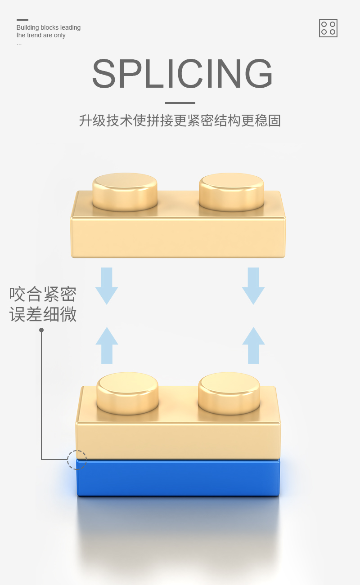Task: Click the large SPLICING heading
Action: tap(182, 74)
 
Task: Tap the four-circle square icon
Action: tap(328, 28)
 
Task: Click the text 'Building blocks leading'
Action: tap(49, 27)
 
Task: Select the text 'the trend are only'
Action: tap(41, 35)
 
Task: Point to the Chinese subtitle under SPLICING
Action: tap(180, 121)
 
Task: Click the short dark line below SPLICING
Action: tap(180, 103)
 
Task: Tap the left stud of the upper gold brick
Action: tap(125, 191)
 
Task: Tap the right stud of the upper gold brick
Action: tap(231, 191)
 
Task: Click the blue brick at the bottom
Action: tap(178, 478)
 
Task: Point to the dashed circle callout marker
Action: tap(76, 460)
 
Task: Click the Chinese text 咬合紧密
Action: tap(43, 295)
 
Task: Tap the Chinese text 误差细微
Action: tap(43, 314)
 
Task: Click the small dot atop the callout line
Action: tap(41, 330)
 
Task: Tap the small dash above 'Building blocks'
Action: tap(22, 20)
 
